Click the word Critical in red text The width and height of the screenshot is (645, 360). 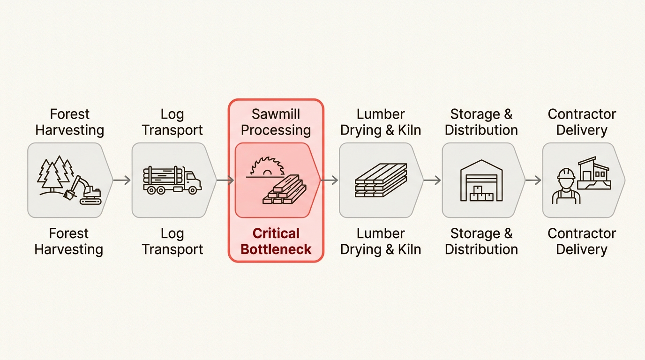click(276, 233)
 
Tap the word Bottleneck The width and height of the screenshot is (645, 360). click(276, 249)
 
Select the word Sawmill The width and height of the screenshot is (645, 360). click(276, 114)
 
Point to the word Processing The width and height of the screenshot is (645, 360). click(276, 130)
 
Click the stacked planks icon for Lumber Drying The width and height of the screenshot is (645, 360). click(381, 180)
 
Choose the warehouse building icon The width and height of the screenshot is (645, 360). click(481, 180)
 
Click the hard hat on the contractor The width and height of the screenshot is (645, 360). click(566, 174)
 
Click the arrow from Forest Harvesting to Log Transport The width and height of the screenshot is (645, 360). click(122, 180)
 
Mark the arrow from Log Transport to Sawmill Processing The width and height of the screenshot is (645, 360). click(225, 180)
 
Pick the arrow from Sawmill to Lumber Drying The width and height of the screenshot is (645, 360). click(330, 180)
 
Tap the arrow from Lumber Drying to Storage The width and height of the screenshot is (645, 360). click(432, 180)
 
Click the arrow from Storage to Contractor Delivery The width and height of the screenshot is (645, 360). click(533, 180)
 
